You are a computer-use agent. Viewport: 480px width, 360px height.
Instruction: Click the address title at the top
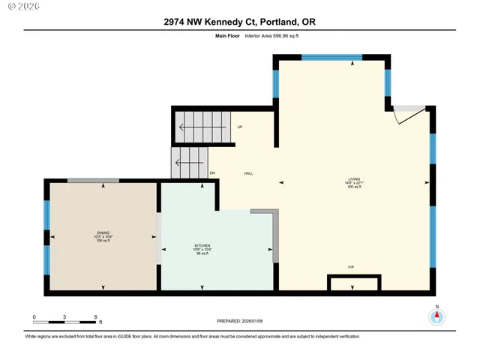click(239, 22)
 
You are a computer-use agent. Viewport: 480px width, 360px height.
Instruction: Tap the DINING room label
click(103, 233)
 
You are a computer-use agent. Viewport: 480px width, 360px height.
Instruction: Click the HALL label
click(248, 173)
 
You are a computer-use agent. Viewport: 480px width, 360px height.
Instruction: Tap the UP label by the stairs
click(240, 127)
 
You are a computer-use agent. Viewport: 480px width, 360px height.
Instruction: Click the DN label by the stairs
click(213, 173)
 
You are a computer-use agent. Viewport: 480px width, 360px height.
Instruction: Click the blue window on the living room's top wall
click(331, 57)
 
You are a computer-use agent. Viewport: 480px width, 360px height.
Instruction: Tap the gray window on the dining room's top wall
click(93, 181)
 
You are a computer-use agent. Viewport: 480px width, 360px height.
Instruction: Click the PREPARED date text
click(239, 321)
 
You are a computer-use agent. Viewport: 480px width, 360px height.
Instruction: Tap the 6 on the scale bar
click(96, 316)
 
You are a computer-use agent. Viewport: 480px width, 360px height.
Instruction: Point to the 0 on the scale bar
click(34, 316)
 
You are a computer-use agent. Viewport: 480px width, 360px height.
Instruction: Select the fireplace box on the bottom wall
click(354, 283)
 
